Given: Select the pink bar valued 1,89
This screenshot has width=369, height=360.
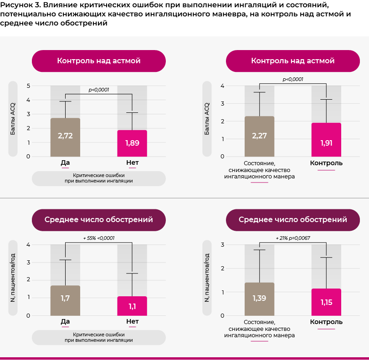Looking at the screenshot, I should [x=132, y=143].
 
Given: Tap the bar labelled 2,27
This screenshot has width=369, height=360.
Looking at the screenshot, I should [x=259, y=137].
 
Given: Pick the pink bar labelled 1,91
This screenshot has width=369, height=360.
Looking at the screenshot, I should [x=326, y=140].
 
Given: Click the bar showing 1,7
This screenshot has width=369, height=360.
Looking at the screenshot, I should [x=65, y=300].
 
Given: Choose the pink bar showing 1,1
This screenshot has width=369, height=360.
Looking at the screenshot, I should [x=132, y=306].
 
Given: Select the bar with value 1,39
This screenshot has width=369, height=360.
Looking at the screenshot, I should [x=259, y=299].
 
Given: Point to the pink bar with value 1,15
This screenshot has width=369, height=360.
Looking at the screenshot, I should [x=326, y=302].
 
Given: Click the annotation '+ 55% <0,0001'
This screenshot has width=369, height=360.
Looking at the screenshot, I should [x=99, y=238].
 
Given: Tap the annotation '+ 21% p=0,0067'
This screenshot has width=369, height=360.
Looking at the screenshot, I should [x=293, y=238].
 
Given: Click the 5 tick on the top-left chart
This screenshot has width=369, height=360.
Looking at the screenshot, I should [x=28, y=86].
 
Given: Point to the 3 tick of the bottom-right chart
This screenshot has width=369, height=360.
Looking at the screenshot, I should [x=222, y=245].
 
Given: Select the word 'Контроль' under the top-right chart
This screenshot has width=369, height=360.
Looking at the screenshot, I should [x=326, y=163].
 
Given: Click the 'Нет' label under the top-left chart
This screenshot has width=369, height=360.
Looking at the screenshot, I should [x=132, y=162].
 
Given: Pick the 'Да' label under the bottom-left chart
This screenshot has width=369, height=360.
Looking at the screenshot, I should [x=65, y=321].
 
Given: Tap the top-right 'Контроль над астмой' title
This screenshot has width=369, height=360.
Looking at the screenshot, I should [x=293, y=61].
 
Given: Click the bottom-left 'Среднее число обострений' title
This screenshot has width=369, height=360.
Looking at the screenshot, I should [x=99, y=220].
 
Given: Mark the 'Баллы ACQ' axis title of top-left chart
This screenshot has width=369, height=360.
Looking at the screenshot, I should [x=13, y=119].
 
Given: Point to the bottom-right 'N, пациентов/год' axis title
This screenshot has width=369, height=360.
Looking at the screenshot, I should [x=207, y=278].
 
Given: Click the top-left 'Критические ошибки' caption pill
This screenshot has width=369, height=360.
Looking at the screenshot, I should [x=99, y=178].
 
